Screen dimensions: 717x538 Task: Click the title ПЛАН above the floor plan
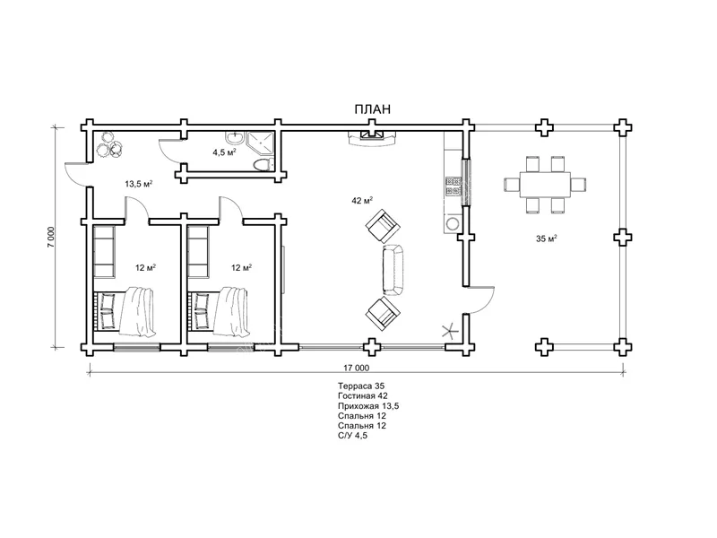(373, 109)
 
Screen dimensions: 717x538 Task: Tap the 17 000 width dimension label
(356, 368)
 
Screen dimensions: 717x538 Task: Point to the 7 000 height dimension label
(51, 237)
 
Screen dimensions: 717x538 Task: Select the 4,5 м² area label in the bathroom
(224, 152)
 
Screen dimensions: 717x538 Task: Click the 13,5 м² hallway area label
(139, 185)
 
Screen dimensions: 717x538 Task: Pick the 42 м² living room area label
(362, 200)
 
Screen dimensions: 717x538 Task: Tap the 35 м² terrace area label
(547, 239)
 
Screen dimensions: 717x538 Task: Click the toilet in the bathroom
(263, 165)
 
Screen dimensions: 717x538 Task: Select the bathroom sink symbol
(235, 137)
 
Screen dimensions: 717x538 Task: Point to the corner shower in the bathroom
(262, 143)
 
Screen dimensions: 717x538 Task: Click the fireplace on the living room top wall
(372, 138)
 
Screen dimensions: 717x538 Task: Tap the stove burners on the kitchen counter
(453, 186)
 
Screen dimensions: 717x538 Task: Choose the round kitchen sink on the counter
(453, 223)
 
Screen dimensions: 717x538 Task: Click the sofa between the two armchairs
(393, 270)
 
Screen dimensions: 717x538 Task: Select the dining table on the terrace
(545, 185)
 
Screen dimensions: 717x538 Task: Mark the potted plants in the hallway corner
(109, 144)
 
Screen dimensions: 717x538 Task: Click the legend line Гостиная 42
(363, 396)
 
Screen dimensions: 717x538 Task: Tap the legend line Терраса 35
(361, 386)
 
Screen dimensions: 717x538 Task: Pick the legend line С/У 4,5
(352, 436)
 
